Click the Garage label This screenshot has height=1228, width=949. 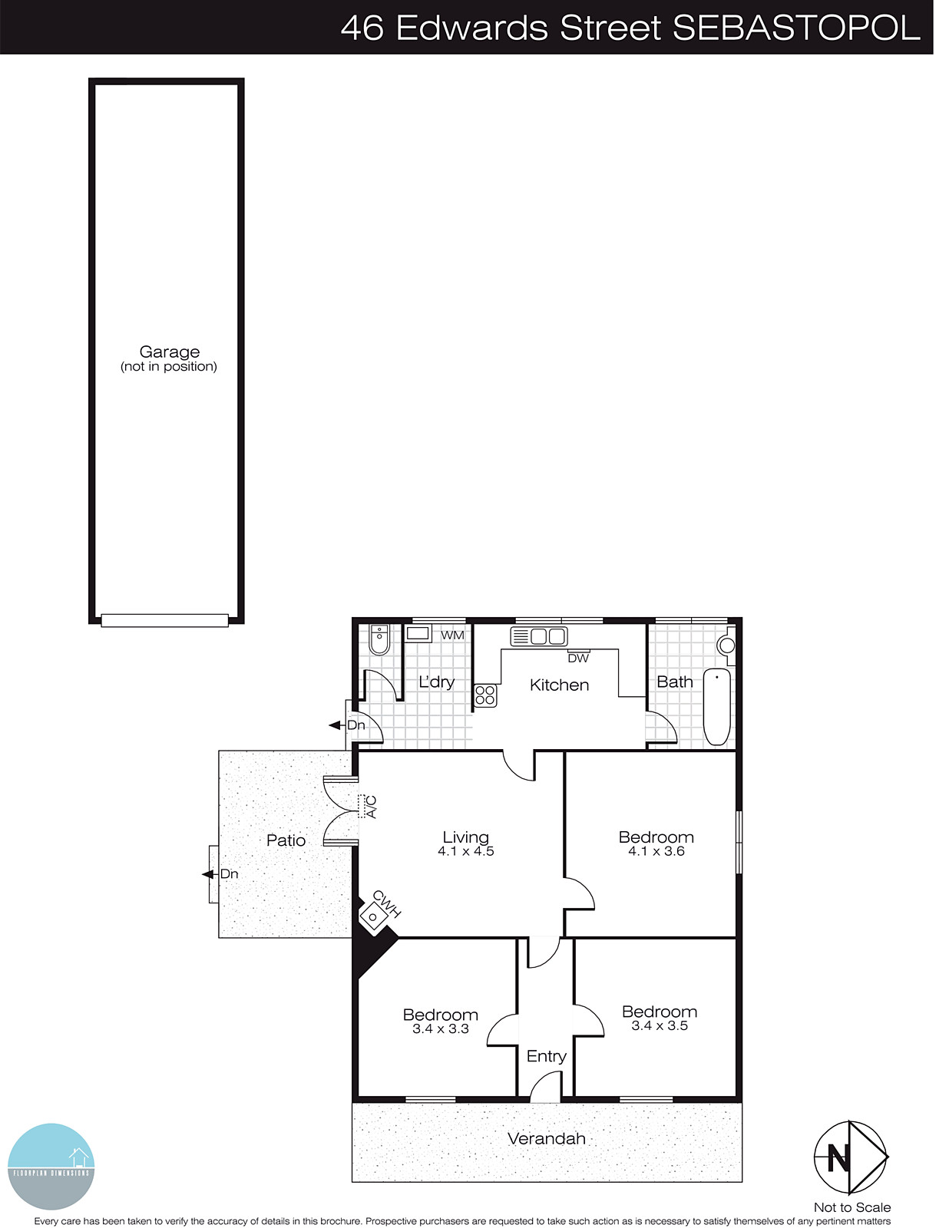(169, 352)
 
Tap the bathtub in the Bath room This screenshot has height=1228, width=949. (717, 707)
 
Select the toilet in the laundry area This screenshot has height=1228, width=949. (379, 639)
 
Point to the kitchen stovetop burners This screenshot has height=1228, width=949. (485, 695)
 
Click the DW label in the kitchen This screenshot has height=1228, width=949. (578, 659)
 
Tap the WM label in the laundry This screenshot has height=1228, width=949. (452, 635)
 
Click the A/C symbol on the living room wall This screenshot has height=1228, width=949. (363, 806)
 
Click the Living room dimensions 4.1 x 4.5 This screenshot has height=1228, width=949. (466, 851)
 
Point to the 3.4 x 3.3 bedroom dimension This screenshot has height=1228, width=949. (441, 1029)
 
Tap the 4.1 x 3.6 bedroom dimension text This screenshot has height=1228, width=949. (656, 851)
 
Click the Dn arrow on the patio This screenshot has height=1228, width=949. (210, 874)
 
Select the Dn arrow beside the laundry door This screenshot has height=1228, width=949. (336, 725)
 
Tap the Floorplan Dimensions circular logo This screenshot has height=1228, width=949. (51, 1167)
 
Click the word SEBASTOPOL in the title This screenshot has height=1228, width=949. (796, 28)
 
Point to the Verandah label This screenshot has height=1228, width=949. (547, 1139)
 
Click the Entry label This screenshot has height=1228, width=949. (547, 1057)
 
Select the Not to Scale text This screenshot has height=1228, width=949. (852, 1207)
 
